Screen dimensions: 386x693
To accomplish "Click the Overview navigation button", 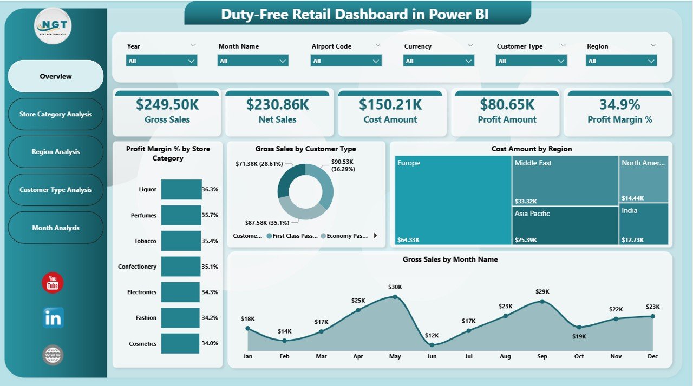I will pos(56,76).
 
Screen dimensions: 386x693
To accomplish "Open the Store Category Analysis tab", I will pos(56,114).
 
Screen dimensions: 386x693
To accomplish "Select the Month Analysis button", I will pos(56,228).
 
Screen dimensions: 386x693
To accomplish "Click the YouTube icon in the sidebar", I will pos(53,283).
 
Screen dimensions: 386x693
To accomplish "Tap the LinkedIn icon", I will pos(53,318).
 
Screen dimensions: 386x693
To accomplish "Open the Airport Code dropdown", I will pos(346,61).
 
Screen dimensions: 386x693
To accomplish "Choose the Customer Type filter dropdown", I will pos(531,61).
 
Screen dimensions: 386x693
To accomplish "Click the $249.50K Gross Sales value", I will pos(167,104).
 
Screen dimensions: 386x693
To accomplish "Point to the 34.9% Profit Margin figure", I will pos(619,104).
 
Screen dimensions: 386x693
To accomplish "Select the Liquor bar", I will pos(181,190).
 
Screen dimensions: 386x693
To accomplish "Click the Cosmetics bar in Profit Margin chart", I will pos(181,343).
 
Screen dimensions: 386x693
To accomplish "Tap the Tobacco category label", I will pos(145,241).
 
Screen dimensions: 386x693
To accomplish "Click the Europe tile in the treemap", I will pos(453,200).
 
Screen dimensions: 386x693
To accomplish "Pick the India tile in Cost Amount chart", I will pos(643,224).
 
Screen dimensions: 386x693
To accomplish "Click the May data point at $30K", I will pos(395,296).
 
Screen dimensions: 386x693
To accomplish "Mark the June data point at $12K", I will pos(432,344).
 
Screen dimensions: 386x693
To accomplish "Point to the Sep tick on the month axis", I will pos(542,356).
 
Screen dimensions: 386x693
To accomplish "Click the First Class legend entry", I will pos(292,236).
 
